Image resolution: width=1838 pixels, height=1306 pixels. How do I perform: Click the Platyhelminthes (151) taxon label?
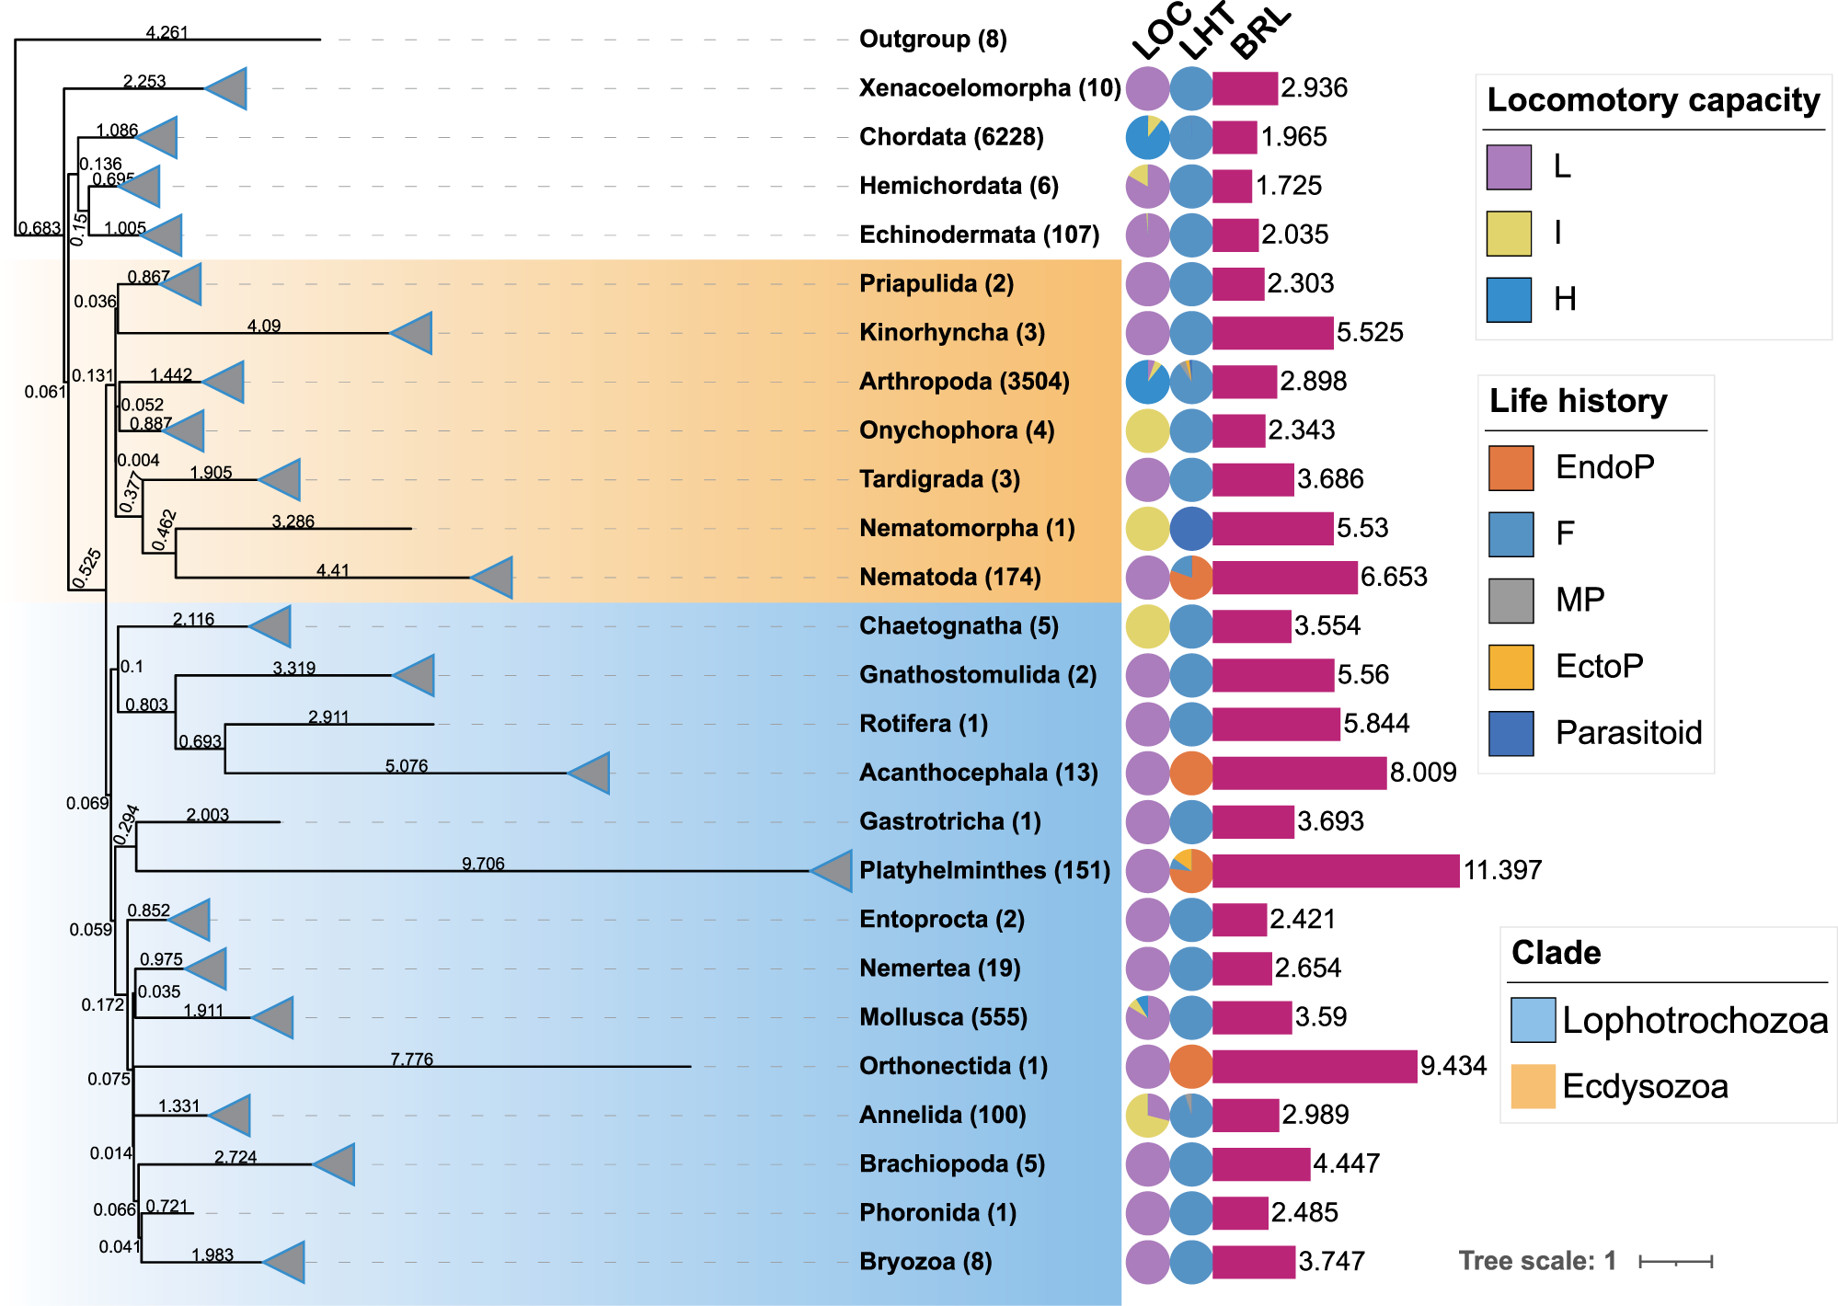coord(984,870)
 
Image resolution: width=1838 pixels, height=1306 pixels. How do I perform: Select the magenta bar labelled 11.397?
coord(1335,870)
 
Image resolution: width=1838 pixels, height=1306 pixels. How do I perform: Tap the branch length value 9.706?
coord(483,864)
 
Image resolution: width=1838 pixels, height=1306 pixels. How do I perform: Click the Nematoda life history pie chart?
coord(1191,578)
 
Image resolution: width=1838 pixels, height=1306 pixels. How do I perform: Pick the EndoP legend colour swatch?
coord(1511,467)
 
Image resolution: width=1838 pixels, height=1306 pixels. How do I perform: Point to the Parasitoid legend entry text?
coord(1628,732)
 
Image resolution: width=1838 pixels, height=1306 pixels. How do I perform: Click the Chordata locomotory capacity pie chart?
coord(1147,137)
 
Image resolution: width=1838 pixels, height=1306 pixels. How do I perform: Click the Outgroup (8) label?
coord(932,39)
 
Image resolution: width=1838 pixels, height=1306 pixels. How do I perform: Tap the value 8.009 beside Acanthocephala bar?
coord(1423,773)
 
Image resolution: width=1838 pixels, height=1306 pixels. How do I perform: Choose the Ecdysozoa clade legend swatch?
coord(1533,1086)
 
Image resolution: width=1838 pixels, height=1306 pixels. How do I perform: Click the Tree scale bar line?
coord(1675,1261)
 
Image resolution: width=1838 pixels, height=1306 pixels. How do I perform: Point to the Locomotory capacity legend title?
coord(1653,99)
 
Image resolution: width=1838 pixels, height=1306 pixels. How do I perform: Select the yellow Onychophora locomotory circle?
coord(1147,430)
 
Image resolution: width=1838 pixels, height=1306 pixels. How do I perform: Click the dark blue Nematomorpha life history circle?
coord(1191,528)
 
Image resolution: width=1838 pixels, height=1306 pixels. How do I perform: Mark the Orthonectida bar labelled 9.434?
coord(1314,1066)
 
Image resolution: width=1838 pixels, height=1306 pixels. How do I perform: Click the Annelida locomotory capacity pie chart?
coord(1147,1115)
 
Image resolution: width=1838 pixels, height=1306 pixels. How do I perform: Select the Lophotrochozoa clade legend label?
coord(1694,1020)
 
